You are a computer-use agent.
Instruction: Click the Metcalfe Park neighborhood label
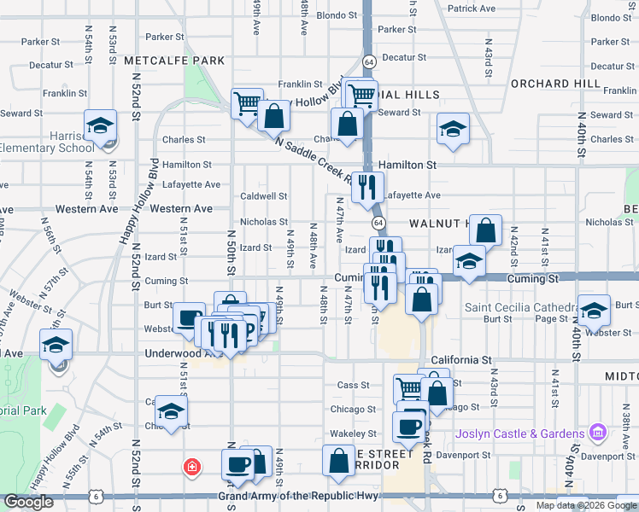[x=173, y=61]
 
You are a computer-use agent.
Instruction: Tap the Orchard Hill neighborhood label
[x=543, y=84]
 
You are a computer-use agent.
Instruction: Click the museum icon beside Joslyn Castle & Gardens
[x=598, y=434]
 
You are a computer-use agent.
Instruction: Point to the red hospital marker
[x=193, y=467]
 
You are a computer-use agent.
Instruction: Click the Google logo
[x=28, y=503]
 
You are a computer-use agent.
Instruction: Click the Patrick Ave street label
[x=472, y=9]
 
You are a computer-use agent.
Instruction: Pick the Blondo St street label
[x=336, y=15]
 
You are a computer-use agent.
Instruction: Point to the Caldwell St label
[x=263, y=195]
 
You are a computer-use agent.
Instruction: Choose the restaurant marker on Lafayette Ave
[x=368, y=187]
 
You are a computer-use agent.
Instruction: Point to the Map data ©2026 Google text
[x=585, y=505]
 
